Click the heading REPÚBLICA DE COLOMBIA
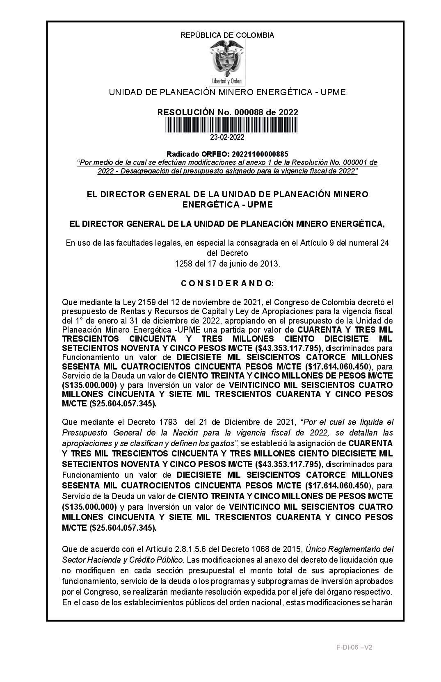coord(227,35)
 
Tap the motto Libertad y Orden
coord(224,81)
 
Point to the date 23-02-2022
coord(227,137)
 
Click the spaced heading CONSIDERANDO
coord(227,283)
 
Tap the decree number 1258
coord(183,264)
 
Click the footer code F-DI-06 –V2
coord(354,648)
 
